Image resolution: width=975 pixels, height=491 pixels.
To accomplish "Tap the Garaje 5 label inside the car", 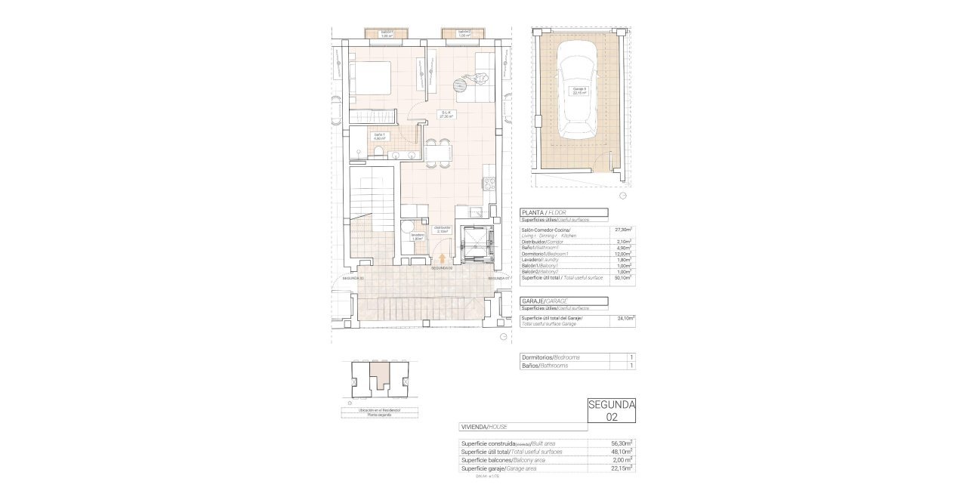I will (x=579, y=91).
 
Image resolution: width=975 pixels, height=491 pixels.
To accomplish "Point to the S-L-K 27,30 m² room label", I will (x=446, y=115).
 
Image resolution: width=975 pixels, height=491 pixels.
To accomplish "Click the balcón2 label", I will (x=463, y=33).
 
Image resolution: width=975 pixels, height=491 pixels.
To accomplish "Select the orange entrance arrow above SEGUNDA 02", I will (x=442, y=257).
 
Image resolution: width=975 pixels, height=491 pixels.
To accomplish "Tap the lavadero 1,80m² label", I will (x=417, y=236).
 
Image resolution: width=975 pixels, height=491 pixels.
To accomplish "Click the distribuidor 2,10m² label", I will (x=442, y=230).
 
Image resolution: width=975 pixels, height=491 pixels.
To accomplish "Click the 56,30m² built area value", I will (x=621, y=443).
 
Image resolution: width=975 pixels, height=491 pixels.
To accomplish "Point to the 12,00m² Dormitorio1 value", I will (x=622, y=254).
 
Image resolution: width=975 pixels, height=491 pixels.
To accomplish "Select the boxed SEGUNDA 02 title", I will (x=611, y=410).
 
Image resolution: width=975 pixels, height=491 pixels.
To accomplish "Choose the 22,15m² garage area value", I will (x=621, y=468).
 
